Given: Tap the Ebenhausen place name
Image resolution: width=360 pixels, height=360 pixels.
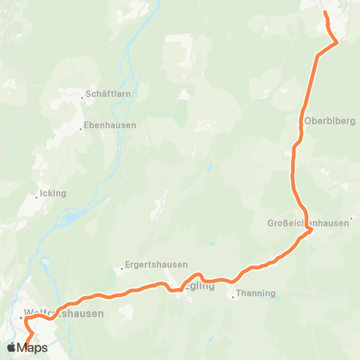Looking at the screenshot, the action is [109, 125].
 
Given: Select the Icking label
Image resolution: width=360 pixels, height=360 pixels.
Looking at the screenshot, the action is [52, 193].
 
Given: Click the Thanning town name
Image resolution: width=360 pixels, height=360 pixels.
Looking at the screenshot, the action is [256, 293].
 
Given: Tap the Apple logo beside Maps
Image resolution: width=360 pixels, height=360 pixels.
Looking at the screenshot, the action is [13, 347].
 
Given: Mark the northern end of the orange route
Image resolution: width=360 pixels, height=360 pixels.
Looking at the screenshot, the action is [325, 12].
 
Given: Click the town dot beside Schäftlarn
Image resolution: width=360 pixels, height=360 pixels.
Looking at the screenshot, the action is [82, 96].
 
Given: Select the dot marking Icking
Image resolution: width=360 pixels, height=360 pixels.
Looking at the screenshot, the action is [36, 198].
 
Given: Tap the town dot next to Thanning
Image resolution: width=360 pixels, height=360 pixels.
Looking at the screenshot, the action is [232, 297].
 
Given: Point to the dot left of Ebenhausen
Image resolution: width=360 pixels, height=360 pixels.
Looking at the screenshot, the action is [80, 128].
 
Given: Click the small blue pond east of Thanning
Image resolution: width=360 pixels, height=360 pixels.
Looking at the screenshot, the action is [277, 297].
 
